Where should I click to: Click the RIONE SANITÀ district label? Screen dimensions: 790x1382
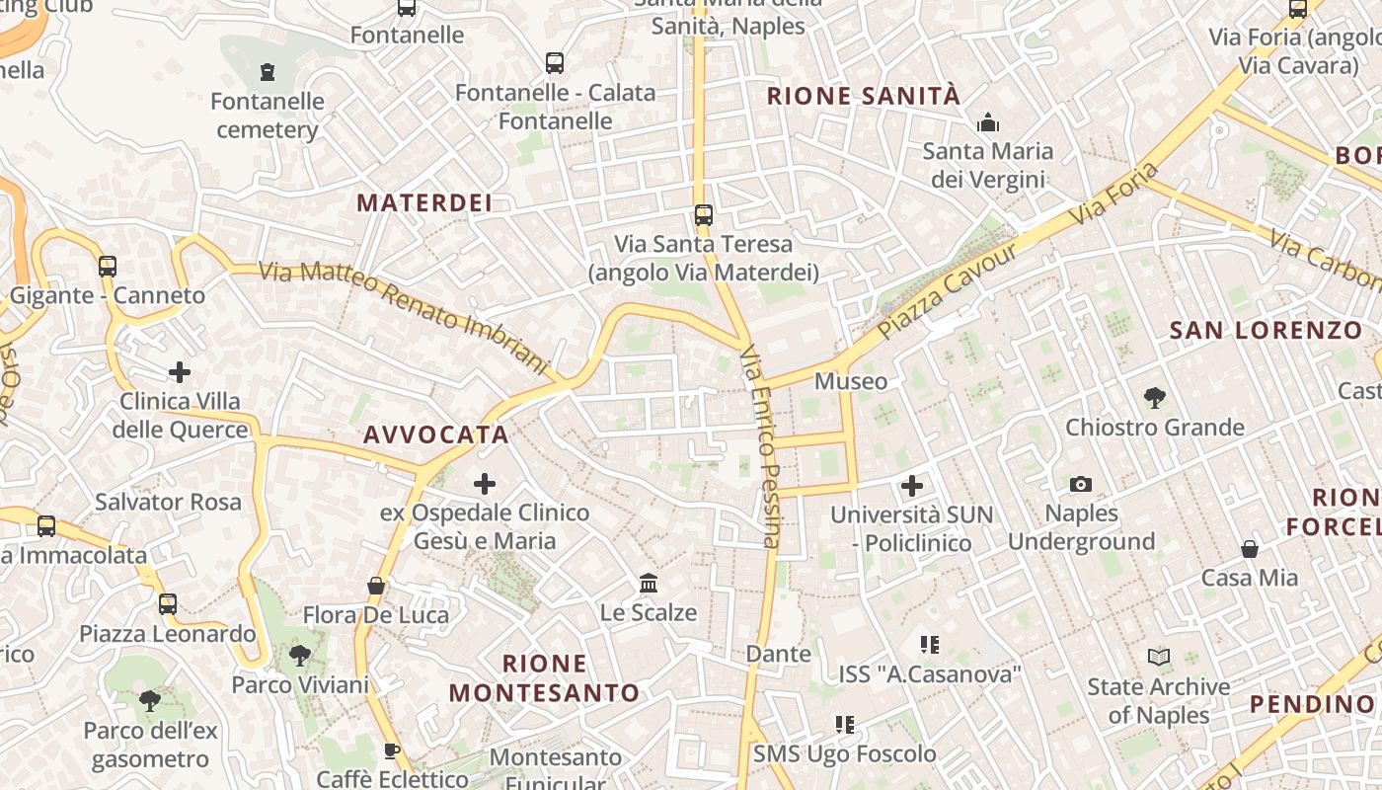point(863,96)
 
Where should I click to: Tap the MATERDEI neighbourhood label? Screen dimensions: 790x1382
point(423,203)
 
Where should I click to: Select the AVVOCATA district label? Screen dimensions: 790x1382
point(435,434)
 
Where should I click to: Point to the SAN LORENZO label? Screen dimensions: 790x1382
point(1266,331)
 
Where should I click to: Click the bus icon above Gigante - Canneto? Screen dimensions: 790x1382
point(108,267)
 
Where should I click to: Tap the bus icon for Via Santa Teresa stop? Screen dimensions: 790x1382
point(703,215)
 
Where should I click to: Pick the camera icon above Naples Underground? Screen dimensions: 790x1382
point(1081,485)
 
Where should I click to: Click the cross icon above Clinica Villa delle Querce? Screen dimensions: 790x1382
point(180,372)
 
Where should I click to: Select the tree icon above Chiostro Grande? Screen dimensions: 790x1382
point(1154,398)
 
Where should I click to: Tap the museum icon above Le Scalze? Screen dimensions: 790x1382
point(649,584)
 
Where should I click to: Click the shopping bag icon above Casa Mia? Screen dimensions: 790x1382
point(1250,549)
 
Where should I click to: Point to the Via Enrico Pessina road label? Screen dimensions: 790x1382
point(761,444)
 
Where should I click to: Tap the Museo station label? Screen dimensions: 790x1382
point(850,381)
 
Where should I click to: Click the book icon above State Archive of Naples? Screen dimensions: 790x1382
point(1159,657)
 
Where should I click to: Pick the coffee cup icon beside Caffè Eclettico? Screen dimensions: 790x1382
point(392,750)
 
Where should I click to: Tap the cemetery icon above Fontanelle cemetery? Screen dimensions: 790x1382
point(267,72)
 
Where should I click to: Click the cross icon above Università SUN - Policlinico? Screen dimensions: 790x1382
point(911,486)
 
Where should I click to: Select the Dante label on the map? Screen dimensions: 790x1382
point(778,654)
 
